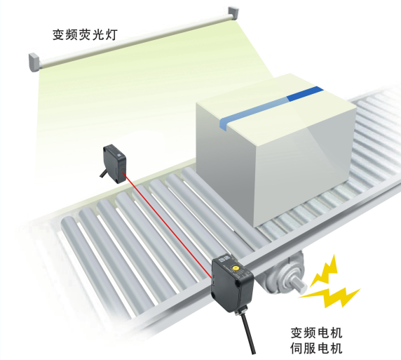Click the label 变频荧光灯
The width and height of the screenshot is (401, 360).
coord(85,35)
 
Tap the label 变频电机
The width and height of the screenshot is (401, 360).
coord(316,333)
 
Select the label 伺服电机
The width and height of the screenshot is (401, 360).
coord(316,348)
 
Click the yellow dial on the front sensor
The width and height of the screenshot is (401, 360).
coord(235,268)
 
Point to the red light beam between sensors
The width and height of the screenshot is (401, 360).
coord(168,225)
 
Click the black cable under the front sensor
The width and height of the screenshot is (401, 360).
coord(247,333)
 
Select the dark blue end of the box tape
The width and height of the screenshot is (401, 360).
coord(305,94)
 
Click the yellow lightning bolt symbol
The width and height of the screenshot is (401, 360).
coord(329,284)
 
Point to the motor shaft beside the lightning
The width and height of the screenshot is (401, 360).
coord(299,286)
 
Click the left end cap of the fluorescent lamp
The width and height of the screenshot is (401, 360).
coord(34,62)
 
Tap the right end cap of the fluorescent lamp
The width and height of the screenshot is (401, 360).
coord(233,13)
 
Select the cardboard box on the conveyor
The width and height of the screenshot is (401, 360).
coord(276,150)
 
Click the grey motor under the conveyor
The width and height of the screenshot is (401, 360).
coord(284,274)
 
